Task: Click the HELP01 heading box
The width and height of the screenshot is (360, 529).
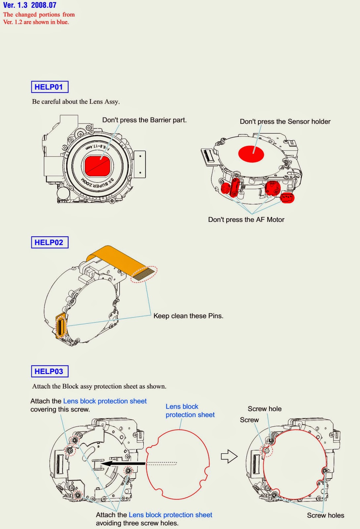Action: point(50,87)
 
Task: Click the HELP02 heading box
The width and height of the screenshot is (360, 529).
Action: point(50,242)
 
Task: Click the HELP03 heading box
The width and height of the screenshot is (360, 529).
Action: point(50,371)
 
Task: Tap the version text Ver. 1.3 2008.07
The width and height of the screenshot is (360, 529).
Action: point(30,5)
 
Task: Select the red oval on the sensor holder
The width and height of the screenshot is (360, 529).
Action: point(251,154)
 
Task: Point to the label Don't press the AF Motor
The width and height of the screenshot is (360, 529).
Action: point(246,220)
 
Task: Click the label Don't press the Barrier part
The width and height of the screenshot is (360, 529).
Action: point(144,120)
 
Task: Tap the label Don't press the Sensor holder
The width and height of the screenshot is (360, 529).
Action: point(285,121)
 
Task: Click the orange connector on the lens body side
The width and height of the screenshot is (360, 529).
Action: point(61,326)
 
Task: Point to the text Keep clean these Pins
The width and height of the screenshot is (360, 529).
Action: point(188,316)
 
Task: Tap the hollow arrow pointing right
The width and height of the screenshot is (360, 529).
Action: point(229,457)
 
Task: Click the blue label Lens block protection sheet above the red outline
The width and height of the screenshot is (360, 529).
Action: point(190,411)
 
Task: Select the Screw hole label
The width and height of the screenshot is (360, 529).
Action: point(265,409)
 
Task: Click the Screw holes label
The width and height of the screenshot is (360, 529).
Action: point(325,515)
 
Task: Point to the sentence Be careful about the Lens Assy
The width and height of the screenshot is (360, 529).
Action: point(76,102)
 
